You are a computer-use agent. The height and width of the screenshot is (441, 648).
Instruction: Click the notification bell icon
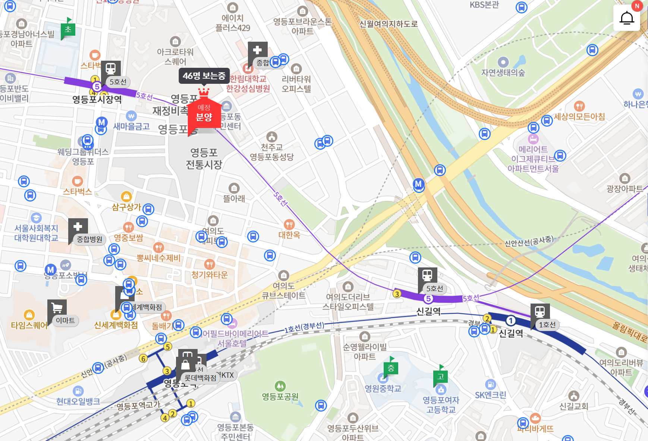coord(627,18)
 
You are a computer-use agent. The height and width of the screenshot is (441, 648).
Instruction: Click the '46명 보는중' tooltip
coord(204,76)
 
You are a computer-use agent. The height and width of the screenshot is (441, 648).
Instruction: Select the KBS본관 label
coord(484,5)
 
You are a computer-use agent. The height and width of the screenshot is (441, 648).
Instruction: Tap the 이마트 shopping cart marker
coord(57,308)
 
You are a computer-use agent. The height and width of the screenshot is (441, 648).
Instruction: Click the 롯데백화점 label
coord(200,378)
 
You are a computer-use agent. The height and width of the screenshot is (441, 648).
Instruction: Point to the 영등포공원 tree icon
coord(280,386)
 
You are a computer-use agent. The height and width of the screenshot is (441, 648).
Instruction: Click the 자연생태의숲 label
coord(503,73)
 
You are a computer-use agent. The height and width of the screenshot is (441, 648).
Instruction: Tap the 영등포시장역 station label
coord(97,99)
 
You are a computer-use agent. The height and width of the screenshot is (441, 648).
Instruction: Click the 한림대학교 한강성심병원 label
coord(248,84)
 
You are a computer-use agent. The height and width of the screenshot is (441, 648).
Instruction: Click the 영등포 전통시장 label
coord(204,158)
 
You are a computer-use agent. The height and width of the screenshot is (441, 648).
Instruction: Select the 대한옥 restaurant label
coord(289,235)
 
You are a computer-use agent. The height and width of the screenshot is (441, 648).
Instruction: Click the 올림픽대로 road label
coord(629,331)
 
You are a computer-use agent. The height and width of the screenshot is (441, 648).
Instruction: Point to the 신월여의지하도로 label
coord(388,24)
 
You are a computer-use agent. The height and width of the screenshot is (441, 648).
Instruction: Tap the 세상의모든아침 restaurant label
coord(579,117)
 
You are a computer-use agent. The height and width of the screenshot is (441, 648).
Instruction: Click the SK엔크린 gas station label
coord(490,395)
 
